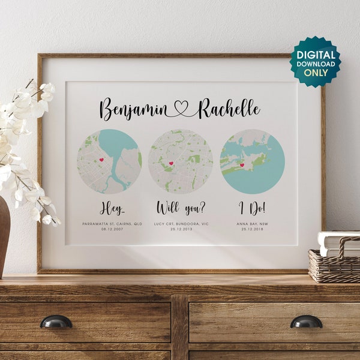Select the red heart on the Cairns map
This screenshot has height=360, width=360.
coord(101,160)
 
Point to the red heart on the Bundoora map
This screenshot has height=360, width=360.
coord(171,163)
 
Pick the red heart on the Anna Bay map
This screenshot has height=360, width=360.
coord(242,164)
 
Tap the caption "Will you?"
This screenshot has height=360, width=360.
coord(181,208)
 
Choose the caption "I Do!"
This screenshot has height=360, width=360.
coord(252,208)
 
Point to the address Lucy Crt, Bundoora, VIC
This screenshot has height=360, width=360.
coord(181,223)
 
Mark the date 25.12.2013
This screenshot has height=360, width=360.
coord(181,229)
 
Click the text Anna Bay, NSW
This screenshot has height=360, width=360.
coord(252,223)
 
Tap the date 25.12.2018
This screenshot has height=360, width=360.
coord(252,229)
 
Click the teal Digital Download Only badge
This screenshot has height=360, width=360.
coord(316,62)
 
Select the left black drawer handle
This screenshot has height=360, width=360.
coord(56,322)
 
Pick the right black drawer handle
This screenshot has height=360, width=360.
coord(306,322)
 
